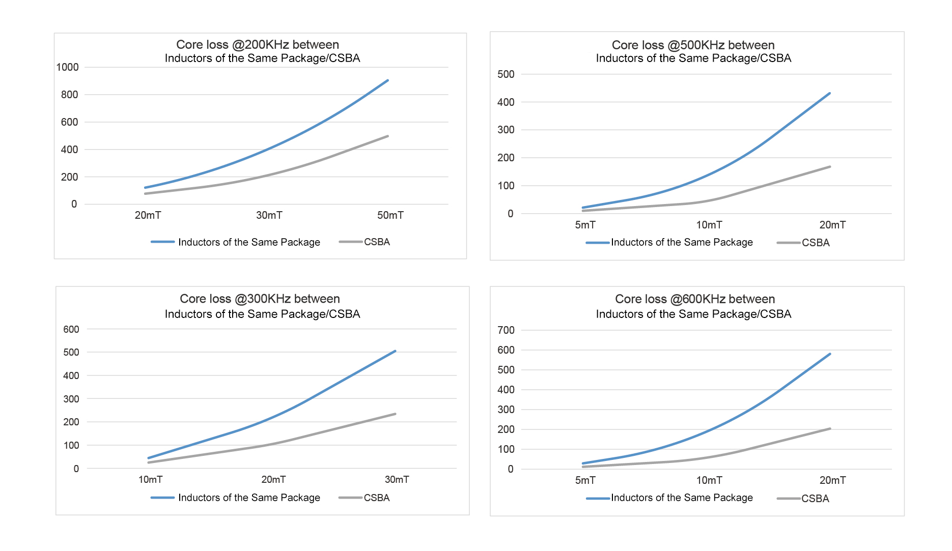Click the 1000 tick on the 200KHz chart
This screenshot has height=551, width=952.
[x=67, y=67]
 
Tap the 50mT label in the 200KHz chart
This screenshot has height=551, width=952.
[x=390, y=215]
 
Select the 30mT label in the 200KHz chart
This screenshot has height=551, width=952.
[x=269, y=215]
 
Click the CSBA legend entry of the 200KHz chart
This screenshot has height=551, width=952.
[x=376, y=242]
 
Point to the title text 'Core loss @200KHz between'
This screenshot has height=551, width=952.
[x=258, y=45]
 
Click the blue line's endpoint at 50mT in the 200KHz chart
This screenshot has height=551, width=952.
[x=388, y=80]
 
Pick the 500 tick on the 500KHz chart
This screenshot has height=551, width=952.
[x=506, y=74]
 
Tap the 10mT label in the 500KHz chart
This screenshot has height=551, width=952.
[x=709, y=225]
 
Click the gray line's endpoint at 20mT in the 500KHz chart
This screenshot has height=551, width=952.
[x=830, y=166]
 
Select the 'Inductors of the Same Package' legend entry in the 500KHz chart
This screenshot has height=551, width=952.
[x=681, y=243]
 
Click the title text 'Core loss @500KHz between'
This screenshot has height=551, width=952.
[x=693, y=45]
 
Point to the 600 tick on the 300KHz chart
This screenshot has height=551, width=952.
[x=71, y=329]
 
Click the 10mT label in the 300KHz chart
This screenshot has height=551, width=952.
[x=150, y=479]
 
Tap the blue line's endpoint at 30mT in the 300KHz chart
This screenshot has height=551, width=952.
[x=395, y=351]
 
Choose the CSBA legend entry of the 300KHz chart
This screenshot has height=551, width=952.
[x=376, y=498]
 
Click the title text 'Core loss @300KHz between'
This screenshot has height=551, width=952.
[x=260, y=299]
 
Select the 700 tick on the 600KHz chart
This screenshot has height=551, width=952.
[x=506, y=330]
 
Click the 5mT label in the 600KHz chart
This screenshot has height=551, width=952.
[x=585, y=480]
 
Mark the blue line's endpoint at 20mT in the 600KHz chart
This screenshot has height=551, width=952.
[x=830, y=354]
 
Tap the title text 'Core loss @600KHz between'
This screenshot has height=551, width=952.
[x=695, y=299]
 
